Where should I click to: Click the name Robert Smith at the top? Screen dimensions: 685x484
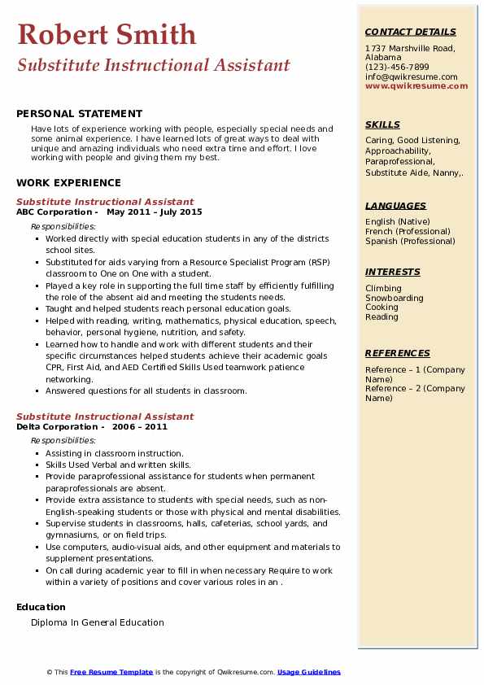[107, 34]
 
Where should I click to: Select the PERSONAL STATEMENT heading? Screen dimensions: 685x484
[79, 114]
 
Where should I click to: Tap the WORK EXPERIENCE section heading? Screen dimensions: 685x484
[68, 183]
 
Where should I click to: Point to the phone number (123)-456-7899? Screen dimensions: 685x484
[397, 68]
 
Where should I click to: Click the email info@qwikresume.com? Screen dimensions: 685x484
[411, 77]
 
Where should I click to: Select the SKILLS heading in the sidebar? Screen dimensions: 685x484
[382, 125]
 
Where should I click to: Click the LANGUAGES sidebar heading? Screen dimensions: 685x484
[395, 207]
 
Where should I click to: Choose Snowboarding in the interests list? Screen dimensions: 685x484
[395, 299]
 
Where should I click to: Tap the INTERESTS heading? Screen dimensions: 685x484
[392, 273]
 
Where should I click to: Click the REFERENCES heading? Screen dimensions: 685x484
[397, 354]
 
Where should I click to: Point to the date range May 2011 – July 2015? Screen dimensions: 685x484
[154, 212]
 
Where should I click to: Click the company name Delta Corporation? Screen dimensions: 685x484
[57, 427]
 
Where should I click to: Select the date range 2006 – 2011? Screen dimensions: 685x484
[139, 427]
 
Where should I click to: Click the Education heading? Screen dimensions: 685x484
[41, 607]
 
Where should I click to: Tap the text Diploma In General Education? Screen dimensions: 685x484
[98, 623]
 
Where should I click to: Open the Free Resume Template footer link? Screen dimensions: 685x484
[111, 673]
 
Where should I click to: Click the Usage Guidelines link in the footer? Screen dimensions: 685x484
[309, 673]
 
